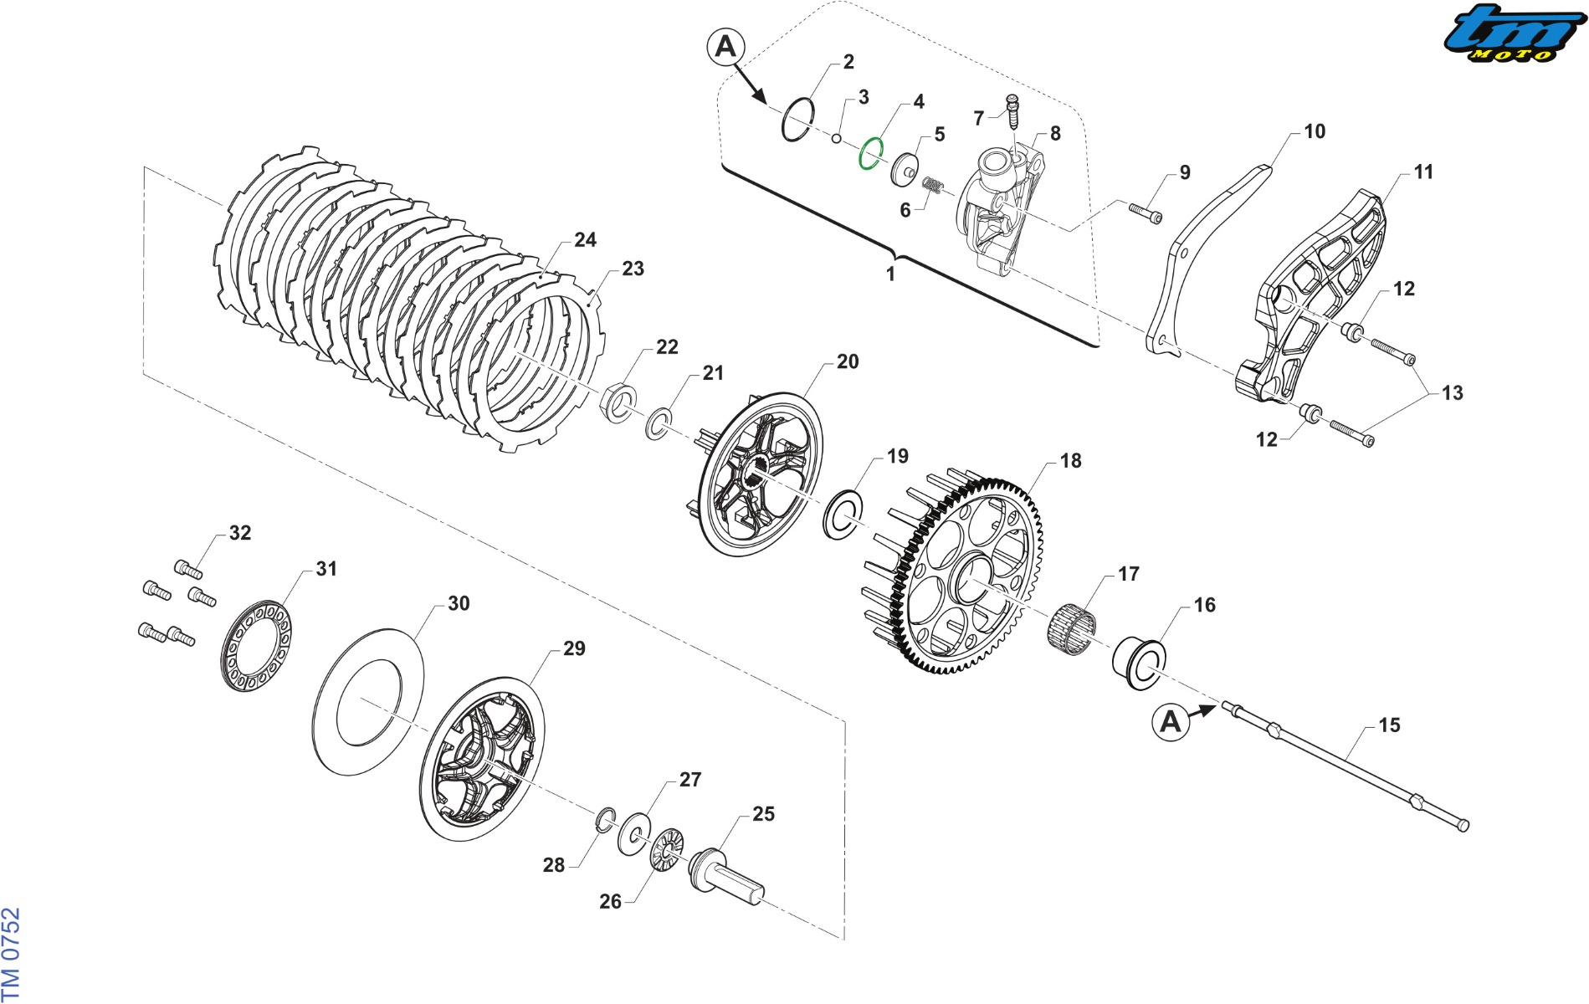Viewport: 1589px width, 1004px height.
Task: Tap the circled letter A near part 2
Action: click(x=725, y=46)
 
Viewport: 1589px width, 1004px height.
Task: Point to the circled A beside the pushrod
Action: click(x=1171, y=721)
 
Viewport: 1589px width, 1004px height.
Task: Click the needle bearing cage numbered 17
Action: click(x=1071, y=628)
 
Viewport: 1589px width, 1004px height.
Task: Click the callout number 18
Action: click(x=1070, y=461)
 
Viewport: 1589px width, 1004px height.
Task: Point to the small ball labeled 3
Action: click(x=836, y=138)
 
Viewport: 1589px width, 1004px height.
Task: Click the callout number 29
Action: click(x=574, y=648)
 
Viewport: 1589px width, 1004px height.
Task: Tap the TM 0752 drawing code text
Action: click(x=10, y=955)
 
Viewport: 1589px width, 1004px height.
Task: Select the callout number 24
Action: click(x=585, y=240)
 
